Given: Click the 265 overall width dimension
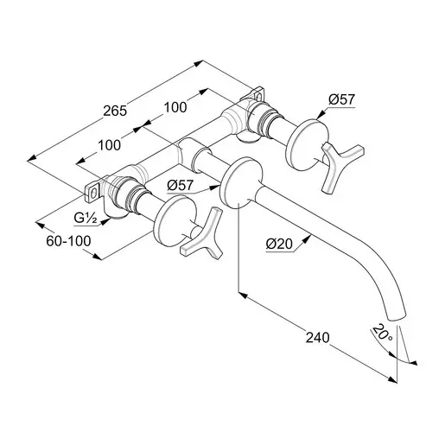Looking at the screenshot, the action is click(115, 111).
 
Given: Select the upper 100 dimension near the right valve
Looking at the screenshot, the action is click(175, 107).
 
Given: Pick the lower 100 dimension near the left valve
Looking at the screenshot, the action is click(109, 145).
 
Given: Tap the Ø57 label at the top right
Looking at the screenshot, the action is click(341, 99).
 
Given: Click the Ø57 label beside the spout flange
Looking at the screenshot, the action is click(180, 185).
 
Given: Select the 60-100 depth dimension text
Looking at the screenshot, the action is click(68, 241).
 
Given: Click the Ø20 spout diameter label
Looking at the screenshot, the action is click(279, 245).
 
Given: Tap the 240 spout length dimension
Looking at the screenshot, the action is click(317, 338).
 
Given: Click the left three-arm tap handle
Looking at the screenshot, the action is click(201, 234).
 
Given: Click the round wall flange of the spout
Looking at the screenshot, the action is click(241, 181).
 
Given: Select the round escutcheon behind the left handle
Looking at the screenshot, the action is click(175, 220).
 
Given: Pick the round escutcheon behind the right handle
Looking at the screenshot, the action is click(307, 145).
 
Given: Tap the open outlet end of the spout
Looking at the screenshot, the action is click(397, 317).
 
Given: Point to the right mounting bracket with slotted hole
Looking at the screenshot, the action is click(255, 94).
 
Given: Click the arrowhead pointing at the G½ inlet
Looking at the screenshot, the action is click(105, 221).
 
